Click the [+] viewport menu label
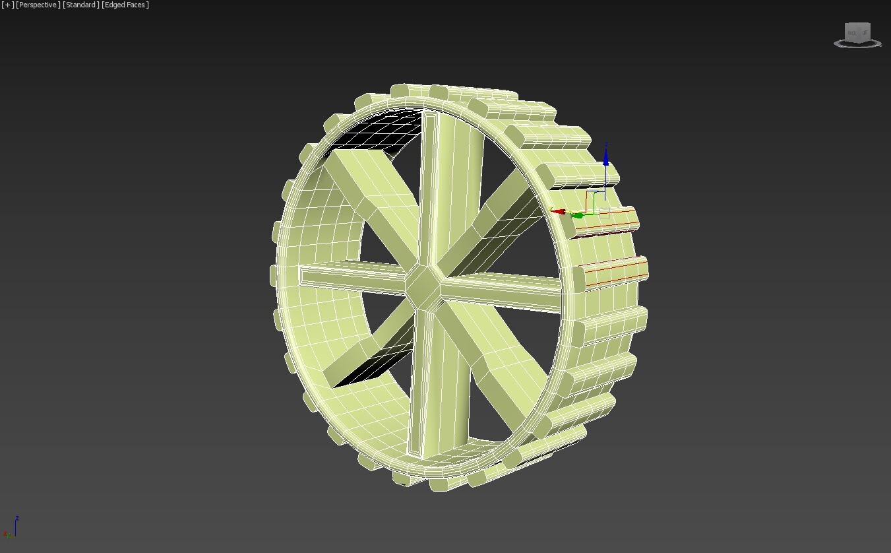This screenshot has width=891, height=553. [8, 5]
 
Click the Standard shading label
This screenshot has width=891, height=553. [81, 5]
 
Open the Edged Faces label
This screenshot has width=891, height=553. [125, 5]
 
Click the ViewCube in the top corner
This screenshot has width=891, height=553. [857, 34]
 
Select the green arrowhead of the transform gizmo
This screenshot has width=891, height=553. [578, 214]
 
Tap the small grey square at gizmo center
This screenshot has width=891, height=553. [604, 211]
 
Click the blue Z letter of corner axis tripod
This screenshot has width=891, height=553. [17, 518]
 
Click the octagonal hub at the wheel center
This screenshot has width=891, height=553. [423, 286]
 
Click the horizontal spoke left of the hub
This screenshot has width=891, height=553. [350, 275]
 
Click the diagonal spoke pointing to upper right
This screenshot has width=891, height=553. [501, 218]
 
